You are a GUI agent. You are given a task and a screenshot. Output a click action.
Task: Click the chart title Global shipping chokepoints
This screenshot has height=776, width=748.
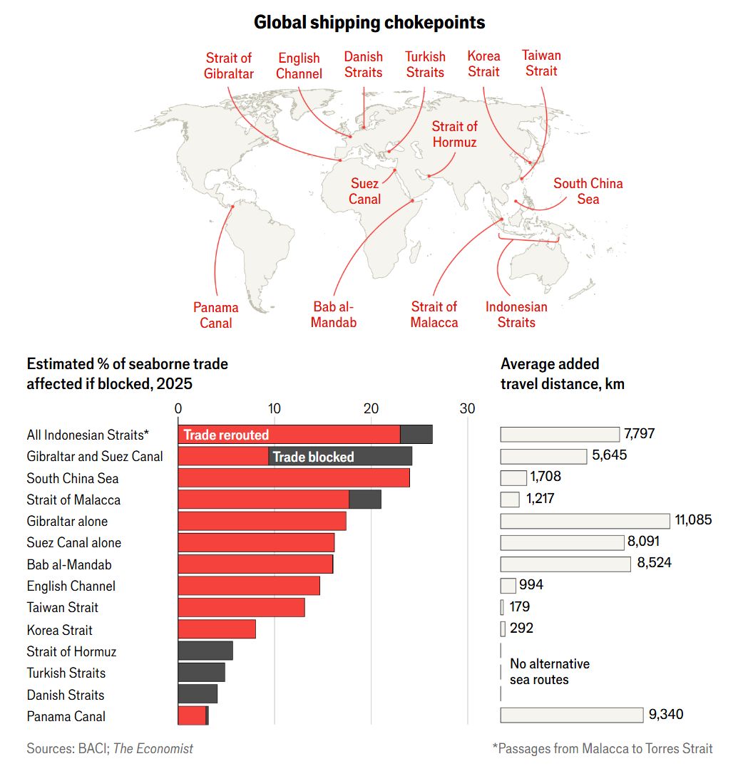click(369, 23)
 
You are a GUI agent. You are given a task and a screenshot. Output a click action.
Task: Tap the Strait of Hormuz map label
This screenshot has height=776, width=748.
click(454, 134)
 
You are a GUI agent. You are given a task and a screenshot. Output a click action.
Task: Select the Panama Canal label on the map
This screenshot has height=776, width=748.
click(215, 315)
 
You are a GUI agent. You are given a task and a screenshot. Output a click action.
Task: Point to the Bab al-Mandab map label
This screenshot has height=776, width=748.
click(334, 314)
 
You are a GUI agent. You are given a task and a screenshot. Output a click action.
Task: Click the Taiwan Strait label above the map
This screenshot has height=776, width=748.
click(541, 63)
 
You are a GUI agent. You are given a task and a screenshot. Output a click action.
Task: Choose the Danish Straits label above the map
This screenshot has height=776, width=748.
click(364, 64)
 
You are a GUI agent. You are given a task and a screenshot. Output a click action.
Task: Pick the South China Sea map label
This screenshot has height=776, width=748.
click(588, 191)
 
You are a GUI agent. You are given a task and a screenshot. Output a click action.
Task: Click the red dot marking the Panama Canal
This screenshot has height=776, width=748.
click(232, 207)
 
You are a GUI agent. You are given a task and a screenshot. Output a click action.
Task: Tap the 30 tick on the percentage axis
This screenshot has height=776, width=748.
click(467, 408)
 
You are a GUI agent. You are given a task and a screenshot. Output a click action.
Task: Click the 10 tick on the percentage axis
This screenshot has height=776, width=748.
click(274, 408)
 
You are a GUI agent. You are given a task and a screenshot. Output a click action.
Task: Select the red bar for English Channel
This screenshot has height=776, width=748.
click(248, 586)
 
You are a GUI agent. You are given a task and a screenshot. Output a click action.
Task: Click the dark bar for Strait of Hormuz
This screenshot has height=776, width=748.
click(205, 651)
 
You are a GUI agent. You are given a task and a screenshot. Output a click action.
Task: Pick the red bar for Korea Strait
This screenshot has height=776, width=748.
click(216, 629)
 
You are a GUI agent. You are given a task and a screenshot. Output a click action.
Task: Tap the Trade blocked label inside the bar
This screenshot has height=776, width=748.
click(313, 457)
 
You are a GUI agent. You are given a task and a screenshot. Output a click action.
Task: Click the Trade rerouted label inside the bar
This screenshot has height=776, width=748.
click(226, 435)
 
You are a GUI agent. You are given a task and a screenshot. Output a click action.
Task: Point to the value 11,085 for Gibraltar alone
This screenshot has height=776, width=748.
click(693, 520)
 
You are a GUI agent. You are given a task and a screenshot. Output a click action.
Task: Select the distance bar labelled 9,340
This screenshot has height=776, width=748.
click(571, 715)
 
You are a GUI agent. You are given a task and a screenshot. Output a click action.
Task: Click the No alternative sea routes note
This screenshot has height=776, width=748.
click(549, 671)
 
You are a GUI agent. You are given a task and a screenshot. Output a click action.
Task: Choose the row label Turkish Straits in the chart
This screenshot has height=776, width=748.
click(66, 673)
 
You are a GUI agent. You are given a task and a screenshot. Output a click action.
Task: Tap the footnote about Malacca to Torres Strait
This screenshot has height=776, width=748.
click(602, 748)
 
